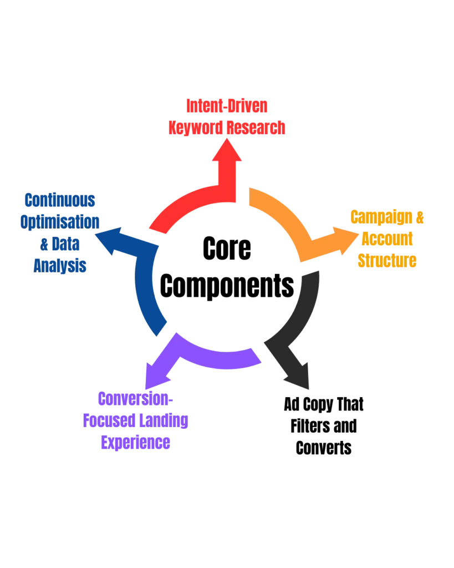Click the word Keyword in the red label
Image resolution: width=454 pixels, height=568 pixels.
196,129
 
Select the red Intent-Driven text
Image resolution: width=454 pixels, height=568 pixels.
227,106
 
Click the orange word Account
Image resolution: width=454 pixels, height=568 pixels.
387,239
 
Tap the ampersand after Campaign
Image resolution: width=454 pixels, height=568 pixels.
420,217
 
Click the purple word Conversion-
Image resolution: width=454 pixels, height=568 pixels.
135,399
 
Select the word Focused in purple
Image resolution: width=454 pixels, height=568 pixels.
108,422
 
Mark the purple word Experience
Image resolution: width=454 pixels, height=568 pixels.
135,444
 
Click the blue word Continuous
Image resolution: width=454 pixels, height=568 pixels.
60,200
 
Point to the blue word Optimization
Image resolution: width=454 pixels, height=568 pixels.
60,222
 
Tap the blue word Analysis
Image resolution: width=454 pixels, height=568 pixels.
60,266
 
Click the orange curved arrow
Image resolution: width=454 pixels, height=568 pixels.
283,216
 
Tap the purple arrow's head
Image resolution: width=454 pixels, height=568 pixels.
152,372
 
